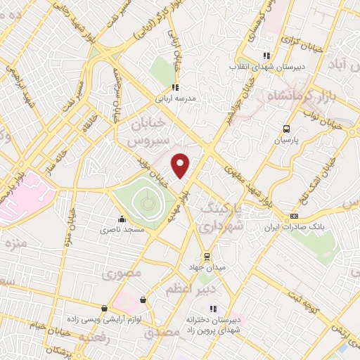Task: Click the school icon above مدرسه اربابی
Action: pos(176,88)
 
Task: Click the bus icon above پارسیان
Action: pos(285,129)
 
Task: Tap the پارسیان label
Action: pos(286,140)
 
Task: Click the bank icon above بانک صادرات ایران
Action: pos(294,217)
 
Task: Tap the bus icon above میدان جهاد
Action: pos(206,257)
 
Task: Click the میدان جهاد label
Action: pos(206,268)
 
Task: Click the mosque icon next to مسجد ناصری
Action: pos(122,219)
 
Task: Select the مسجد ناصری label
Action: pos(121,230)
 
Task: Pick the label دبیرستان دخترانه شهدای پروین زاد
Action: pos(213,324)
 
